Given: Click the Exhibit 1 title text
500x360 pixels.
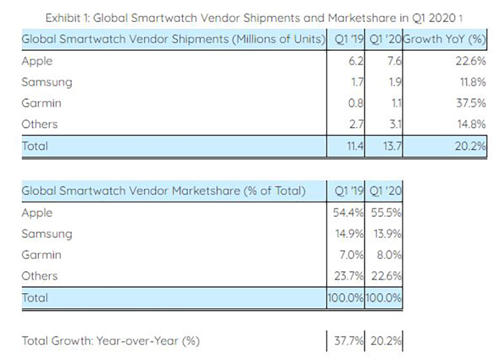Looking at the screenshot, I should coord(249,17).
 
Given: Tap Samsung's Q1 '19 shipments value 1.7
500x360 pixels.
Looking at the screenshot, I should coord(357,82).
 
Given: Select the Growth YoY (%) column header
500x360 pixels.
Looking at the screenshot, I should coord(444,39).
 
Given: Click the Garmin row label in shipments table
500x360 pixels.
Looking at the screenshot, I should coord(41,103).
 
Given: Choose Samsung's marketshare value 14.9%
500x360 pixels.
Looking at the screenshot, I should coord(347,234).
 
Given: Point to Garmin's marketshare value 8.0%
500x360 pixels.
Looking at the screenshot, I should coord(388,255).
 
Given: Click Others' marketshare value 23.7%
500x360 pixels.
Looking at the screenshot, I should coord(347,276).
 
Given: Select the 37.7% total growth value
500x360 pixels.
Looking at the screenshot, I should coord(347,341).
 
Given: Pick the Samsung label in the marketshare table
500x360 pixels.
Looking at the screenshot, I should coord(47,234).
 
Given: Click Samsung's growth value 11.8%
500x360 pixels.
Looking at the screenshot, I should coord(471,82).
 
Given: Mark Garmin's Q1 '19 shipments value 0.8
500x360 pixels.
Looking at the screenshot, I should coord(357,103).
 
